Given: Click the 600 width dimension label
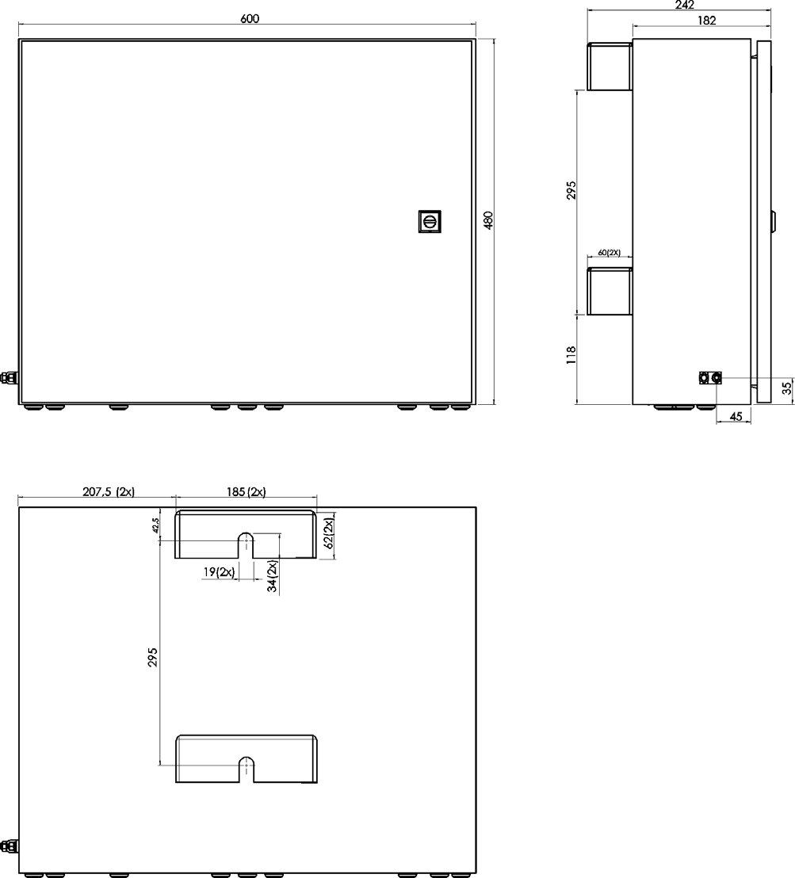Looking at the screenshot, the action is (250, 18).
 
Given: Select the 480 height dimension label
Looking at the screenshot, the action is (488, 220).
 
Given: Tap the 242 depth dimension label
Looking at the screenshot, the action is (685, 5).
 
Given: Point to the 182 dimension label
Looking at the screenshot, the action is (707, 21).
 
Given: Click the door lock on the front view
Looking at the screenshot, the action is (430, 221).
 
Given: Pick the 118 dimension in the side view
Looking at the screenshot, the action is (571, 355).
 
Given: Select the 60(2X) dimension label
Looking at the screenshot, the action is (609, 253).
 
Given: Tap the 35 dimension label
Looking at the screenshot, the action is (787, 387).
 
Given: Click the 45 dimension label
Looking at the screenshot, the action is (736, 416).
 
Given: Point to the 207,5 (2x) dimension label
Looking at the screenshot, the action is (109, 491).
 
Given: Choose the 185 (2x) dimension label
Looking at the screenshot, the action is (247, 491).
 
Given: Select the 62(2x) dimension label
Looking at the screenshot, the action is (330, 533).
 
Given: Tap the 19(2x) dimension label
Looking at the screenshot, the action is (219, 572).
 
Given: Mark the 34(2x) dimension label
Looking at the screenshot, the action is (273, 577).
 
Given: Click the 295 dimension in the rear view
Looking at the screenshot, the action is (153, 657).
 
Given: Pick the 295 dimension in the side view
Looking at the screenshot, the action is (571, 190).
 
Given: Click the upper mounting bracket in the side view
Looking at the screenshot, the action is (610, 66).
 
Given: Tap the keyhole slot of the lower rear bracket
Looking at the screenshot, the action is (247, 769).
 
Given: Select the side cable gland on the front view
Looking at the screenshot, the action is (8, 377).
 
